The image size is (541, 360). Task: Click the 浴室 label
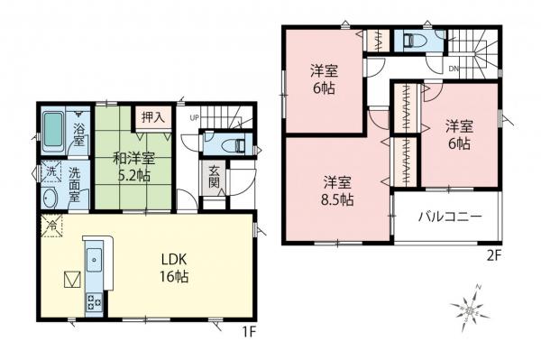[79, 135]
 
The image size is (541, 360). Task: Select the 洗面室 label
[80, 185]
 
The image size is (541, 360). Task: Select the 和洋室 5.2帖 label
[131, 167]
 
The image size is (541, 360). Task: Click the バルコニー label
[449, 217]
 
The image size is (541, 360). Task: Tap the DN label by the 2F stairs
[454, 69]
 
